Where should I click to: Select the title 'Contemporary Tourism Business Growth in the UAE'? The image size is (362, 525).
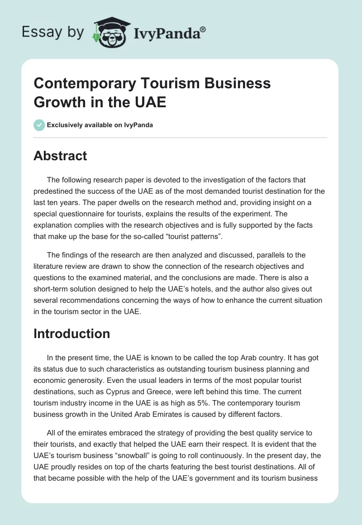tap(152, 93)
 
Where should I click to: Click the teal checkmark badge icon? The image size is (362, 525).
tap(39, 125)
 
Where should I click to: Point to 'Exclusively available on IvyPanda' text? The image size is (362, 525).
tap(100, 125)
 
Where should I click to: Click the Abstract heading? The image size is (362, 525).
tap(60, 156)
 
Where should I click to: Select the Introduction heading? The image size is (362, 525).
tap(72, 334)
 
